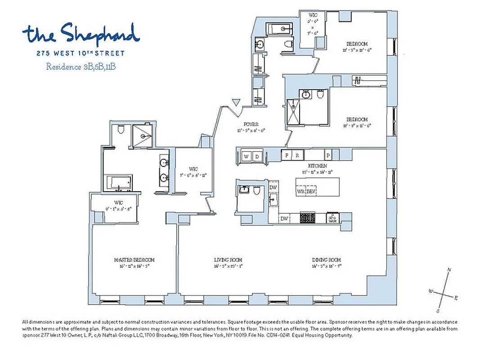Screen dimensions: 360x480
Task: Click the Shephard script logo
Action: pos(81,34)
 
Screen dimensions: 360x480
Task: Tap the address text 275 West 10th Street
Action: pos(81,53)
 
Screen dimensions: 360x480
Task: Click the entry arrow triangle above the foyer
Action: pos(235,103)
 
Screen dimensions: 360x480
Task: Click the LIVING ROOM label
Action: pos(228,260)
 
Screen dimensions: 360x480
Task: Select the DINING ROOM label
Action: pos(327,260)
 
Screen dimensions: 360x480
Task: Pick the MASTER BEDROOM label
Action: pos(134,260)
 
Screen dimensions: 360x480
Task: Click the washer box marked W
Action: pos(247,156)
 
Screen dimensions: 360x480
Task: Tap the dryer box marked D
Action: pos(257,156)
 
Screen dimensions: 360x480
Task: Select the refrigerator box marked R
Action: pos(297,154)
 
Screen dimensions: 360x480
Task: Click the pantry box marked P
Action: pos(328,154)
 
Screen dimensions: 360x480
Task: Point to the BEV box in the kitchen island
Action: pos(311,191)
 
